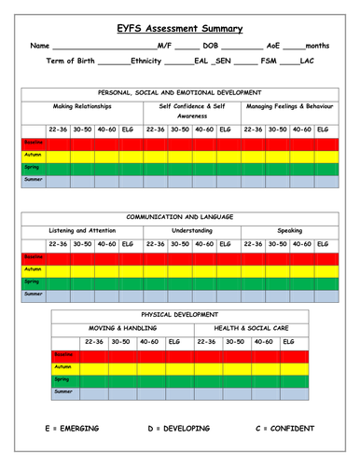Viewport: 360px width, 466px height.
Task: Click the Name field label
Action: point(39,45)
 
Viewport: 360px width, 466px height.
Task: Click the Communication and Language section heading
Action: point(179,216)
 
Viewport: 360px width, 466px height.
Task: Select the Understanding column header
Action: point(192,230)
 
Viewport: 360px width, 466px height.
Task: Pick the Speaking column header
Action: point(289,230)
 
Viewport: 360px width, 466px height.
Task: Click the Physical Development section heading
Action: point(179,314)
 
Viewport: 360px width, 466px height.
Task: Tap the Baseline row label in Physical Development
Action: point(64,356)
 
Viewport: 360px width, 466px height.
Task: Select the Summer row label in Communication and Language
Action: point(33,294)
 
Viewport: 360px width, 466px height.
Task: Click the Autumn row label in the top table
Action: point(33,157)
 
